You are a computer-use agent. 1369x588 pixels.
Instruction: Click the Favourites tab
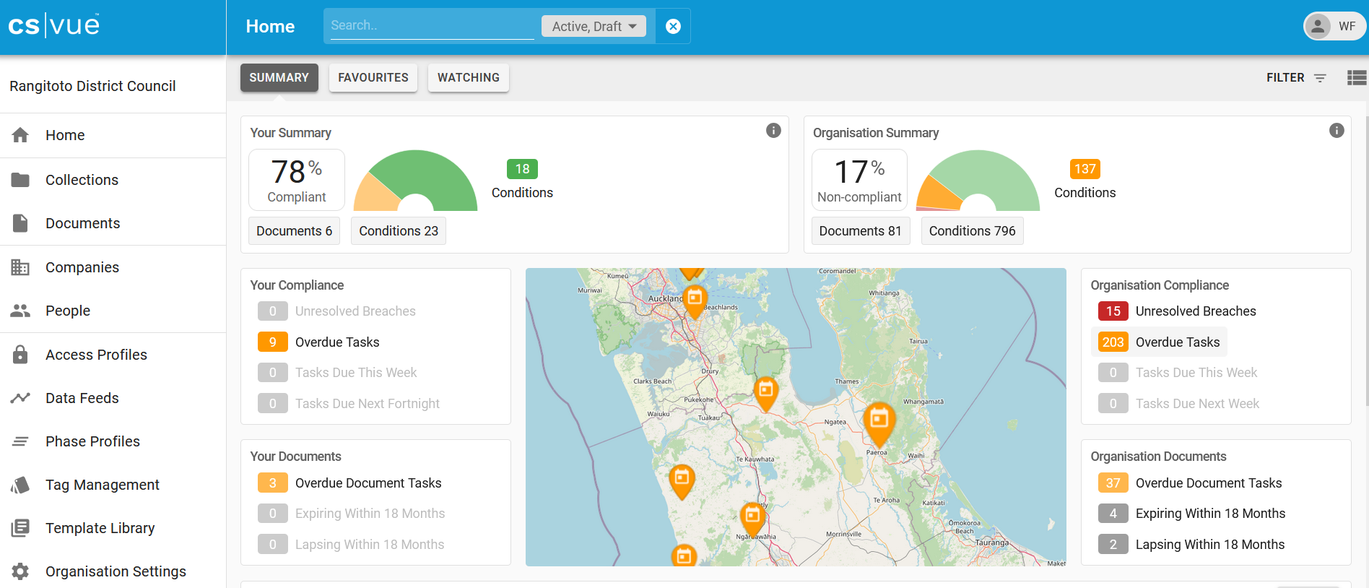373,77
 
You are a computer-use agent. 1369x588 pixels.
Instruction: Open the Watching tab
468,77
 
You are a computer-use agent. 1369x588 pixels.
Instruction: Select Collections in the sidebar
82,180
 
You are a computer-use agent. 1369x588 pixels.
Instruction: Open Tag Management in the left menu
102,485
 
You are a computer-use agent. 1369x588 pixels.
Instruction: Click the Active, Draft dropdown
594,26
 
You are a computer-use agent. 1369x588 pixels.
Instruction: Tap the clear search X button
673,26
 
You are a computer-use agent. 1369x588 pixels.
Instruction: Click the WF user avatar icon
1318,26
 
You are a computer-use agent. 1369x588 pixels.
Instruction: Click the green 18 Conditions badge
522,169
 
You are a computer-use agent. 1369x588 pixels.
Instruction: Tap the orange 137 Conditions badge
1085,169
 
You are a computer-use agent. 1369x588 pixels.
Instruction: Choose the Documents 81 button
860,231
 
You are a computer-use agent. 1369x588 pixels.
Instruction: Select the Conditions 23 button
399,231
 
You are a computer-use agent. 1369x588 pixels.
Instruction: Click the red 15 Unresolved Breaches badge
1113,311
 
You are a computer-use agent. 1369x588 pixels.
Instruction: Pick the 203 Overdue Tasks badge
1113,342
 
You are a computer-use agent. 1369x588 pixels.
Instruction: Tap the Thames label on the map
846,381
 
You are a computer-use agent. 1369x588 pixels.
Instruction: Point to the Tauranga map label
991,542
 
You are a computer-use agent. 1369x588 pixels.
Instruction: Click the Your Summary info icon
773,131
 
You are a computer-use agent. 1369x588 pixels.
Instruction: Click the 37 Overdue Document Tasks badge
1113,483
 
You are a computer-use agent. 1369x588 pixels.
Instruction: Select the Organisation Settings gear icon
20,571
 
